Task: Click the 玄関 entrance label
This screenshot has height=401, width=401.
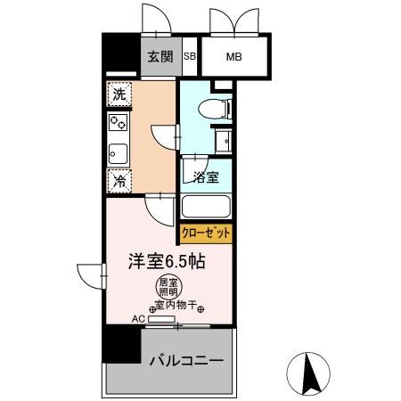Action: click(x=161, y=59)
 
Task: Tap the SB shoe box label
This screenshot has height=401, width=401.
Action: click(x=189, y=58)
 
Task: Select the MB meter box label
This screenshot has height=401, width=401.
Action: click(x=233, y=59)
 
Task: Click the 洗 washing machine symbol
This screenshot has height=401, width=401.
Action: click(x=118, y=93)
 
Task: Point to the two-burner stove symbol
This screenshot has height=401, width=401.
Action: click(x=118, y=122)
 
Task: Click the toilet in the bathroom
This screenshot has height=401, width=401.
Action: click(x=212, y=110)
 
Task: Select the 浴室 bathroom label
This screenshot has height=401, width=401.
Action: click(x=207, y=176)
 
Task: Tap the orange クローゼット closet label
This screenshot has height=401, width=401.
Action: click(x=207, y=233)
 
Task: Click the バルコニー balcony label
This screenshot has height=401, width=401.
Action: click(x=185, y=362)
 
